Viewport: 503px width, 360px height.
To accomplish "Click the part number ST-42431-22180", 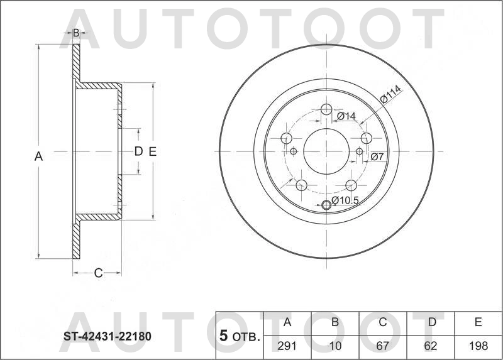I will (x=107, y=336).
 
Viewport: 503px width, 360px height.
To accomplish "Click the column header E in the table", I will (x=478, y=322).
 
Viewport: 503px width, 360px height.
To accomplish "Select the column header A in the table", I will (x=287, y=322).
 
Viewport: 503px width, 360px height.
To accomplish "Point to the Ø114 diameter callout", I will (x=390, y=95).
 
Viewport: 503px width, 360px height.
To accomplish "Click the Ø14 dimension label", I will (x=346, y=116).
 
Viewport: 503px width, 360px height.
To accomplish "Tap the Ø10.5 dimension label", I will (x=345, y=200).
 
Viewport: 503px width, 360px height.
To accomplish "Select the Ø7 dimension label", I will (x=377, y=156).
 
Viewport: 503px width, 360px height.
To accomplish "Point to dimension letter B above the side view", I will (x=75, y=33).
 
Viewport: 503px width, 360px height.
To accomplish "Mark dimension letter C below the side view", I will (x=97, y=273).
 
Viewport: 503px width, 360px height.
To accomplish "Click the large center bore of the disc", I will (x=326, y=151).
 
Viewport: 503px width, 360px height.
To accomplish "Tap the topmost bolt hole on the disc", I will (x=326, y=110).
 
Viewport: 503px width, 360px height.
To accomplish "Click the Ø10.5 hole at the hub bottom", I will (x=326, y=205).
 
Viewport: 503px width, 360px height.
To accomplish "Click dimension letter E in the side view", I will (x=153, y=151).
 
